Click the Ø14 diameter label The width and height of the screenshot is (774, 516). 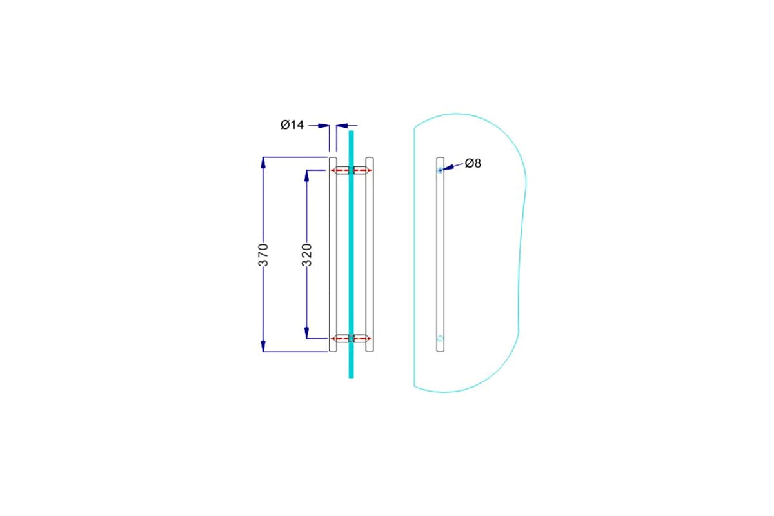292,124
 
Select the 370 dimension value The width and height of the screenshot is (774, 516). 263,255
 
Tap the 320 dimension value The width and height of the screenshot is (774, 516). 307,255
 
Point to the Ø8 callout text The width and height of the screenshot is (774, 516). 473,163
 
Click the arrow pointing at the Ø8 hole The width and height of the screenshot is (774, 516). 452,166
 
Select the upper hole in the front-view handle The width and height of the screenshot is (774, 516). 440,170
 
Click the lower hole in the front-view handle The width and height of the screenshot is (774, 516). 440,339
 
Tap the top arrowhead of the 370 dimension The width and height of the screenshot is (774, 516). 263,163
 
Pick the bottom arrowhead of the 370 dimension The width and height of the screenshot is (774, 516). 263,346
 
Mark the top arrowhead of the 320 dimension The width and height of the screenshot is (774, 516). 306,175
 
